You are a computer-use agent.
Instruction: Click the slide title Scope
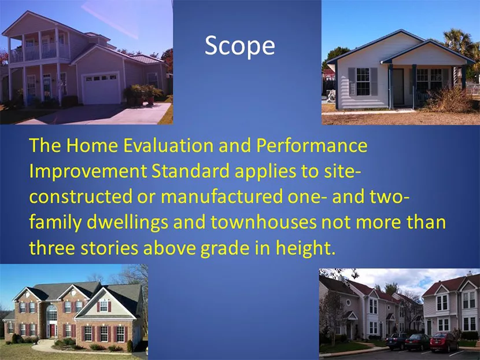(239, 46)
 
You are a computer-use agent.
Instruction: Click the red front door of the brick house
(53, 330)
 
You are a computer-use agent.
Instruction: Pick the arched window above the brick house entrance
(52, 313)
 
